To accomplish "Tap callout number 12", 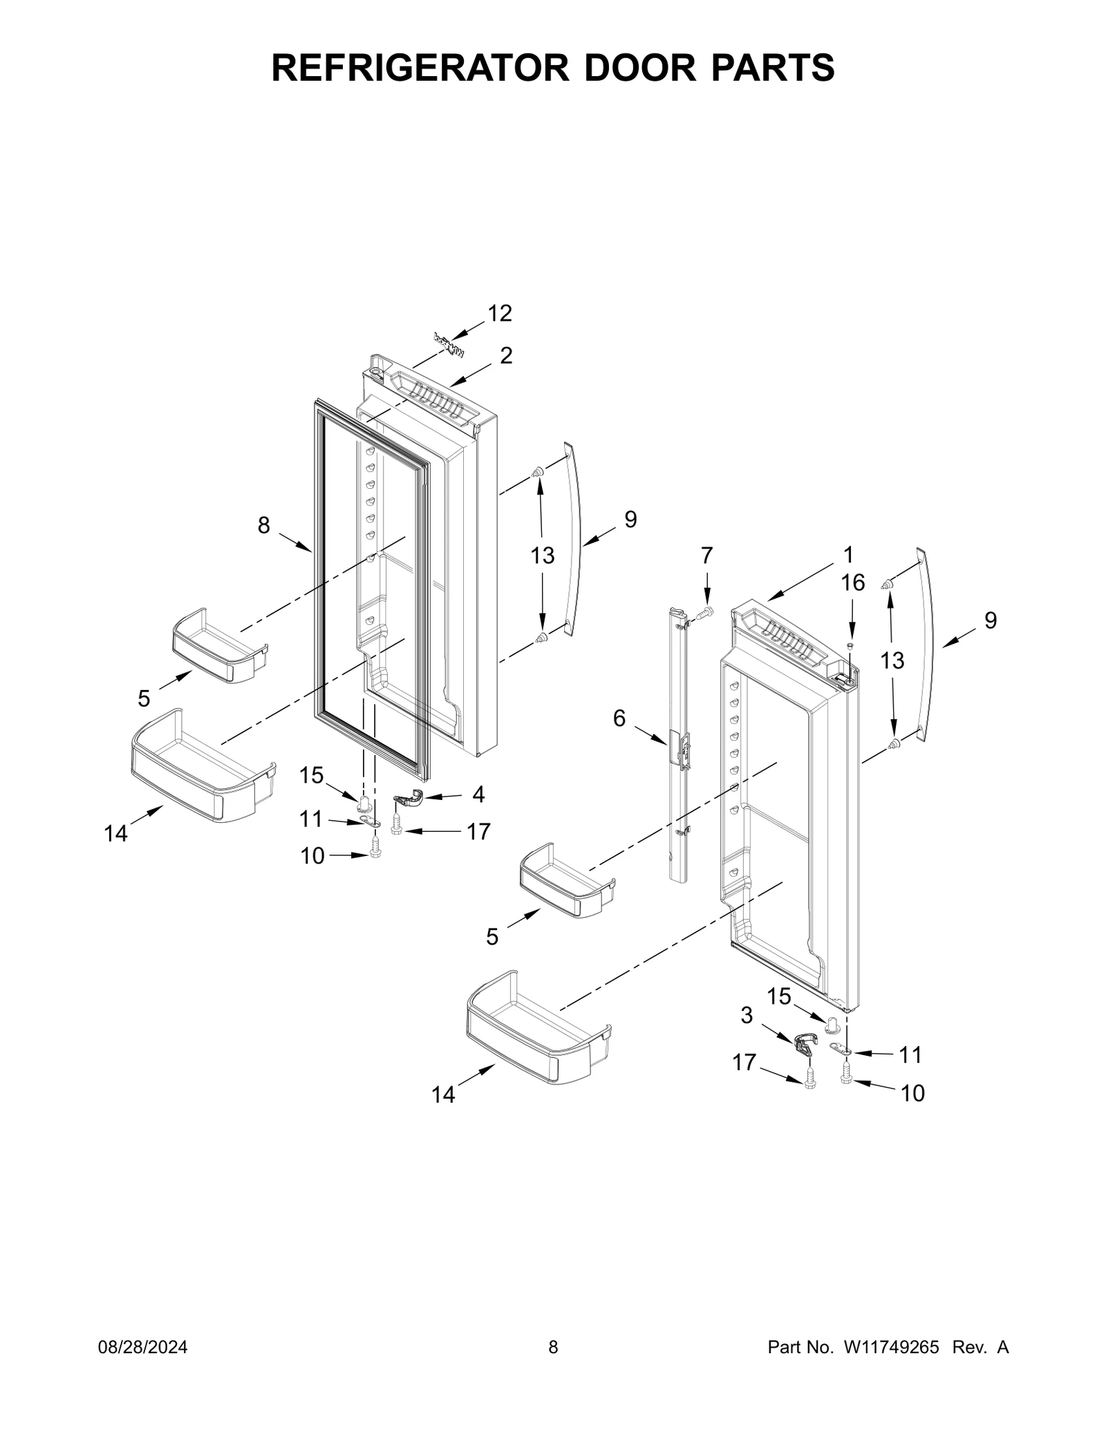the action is [500, 313].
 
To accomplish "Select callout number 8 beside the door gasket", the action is [263, 526].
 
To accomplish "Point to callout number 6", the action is [619, 718].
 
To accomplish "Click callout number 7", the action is [706, 555].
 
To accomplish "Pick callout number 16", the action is [852, 583].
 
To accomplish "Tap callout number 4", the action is [478, 794].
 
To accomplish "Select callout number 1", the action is [848, 555].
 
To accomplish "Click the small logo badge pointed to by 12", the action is [449, 345].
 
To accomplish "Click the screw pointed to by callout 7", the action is [704, 612].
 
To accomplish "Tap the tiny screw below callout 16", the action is [851, 645].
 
